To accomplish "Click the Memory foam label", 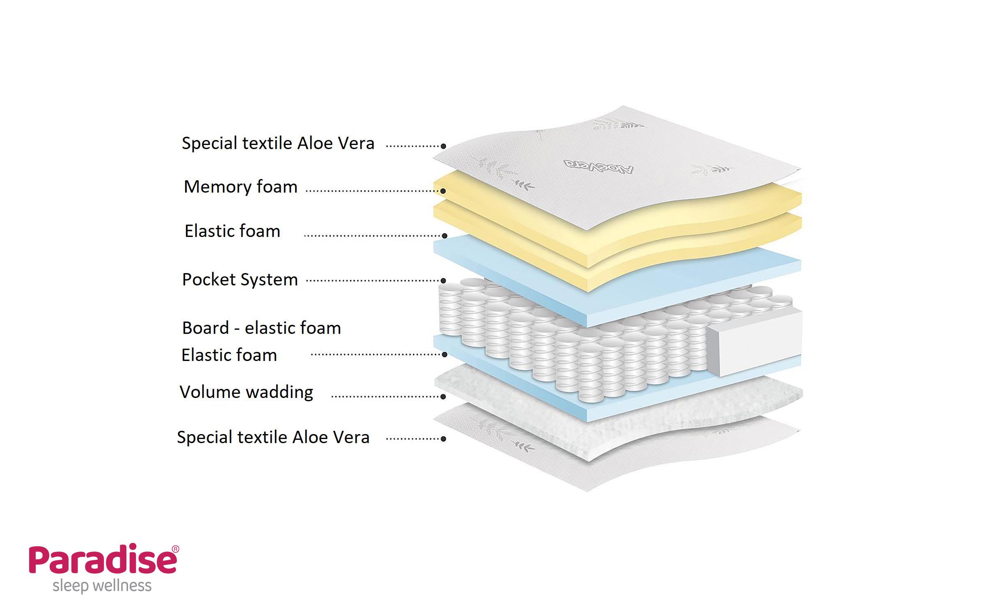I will [x=241, y=187].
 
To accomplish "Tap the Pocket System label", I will [x=240, y=280].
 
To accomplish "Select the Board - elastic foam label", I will [x=261, y=328].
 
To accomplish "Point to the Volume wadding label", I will [x=246, y=392].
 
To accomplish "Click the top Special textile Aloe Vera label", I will [x=278, y=143].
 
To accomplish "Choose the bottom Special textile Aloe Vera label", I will [x=273, y=437].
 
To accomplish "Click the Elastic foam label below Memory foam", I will [x=232, y=231].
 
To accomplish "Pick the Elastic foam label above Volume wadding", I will [x=229, y=355].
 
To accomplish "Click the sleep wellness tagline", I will [x=102, y=586].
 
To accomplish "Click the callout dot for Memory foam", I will [x=443, y=191].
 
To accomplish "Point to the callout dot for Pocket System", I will [x=443, y=281].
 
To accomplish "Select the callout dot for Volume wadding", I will [x=443, y=397].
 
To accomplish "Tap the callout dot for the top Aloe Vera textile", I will [x=443, y=146].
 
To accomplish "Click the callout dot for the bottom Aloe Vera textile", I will [x=443, y=439].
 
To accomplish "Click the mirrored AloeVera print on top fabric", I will [x=598, y=167].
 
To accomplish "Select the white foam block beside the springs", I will [x=755, y=345].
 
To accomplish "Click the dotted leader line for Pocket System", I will [x=373, y=281].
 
